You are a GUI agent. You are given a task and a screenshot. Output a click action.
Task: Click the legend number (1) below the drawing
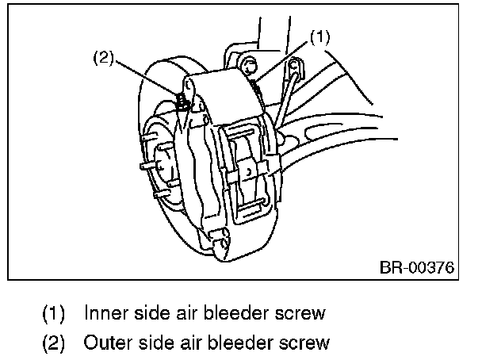tap(54, 312)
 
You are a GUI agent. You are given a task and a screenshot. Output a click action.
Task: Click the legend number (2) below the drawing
tap(54, 343)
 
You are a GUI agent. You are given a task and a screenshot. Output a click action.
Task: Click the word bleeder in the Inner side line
tap(237, 312)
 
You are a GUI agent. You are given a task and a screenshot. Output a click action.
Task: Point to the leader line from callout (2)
tap(147, 78)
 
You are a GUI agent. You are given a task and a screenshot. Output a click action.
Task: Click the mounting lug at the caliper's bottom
tap(218, 235)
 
